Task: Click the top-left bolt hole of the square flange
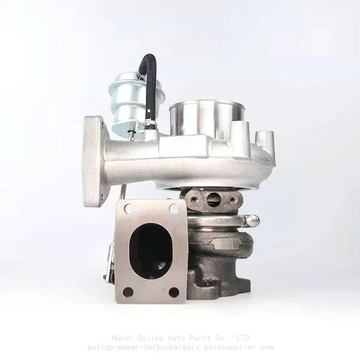pos(129,209)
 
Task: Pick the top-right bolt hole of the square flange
pos(174,209)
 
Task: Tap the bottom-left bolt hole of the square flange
pos(128,292)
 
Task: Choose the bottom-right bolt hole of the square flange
pos(173,292)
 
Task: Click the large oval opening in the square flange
pos(151,251)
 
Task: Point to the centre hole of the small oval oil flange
pos(213,199)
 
